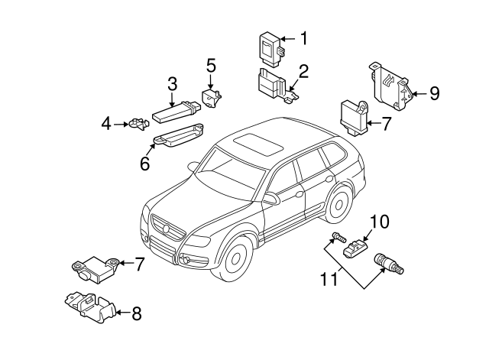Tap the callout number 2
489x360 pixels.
(x=304, y=72)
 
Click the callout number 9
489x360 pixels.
(x=434, y=93)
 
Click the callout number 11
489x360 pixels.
(x=329, y=281)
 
